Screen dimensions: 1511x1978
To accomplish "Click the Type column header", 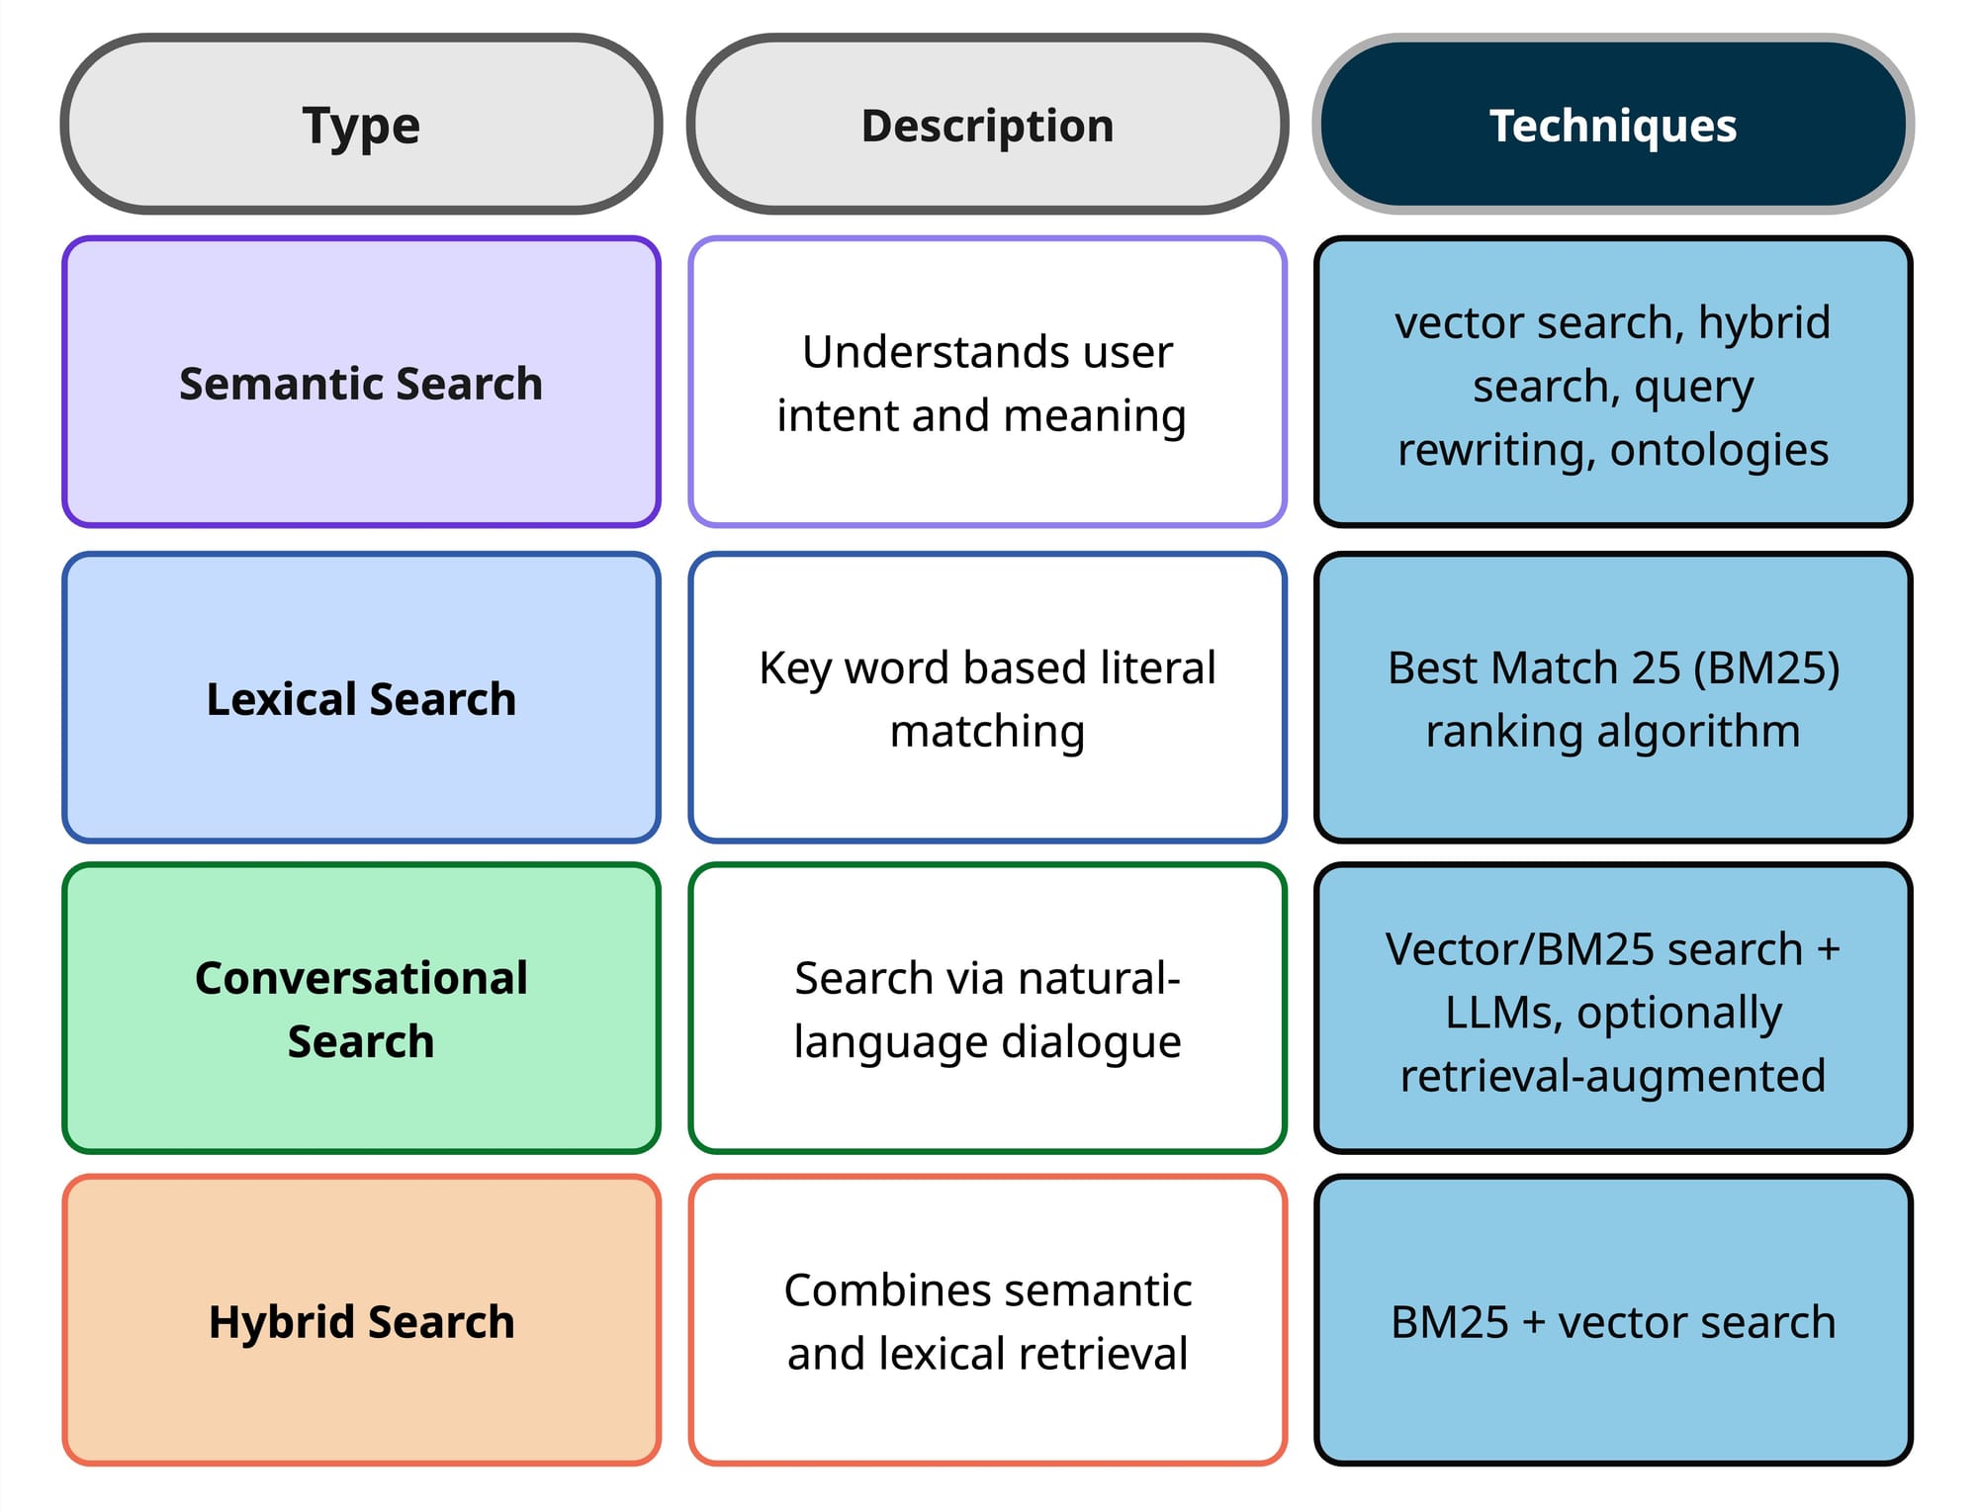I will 361,125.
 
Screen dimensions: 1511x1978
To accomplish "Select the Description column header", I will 987,125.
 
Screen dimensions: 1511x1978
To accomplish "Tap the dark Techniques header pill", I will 1613,125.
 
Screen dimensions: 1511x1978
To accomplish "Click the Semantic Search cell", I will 361,383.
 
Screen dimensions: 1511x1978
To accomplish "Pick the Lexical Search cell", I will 361,698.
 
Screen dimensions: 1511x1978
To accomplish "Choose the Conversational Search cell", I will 361,1009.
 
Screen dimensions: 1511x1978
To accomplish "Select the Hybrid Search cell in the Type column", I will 361,1321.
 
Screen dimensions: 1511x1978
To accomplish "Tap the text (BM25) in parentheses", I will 1766,667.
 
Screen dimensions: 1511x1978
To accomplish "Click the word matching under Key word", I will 987,732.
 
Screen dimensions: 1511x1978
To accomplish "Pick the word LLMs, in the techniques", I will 1503,1013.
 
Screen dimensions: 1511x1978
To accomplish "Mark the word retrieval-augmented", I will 1613,1076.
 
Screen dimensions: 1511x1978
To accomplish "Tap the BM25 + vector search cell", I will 1613,1321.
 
